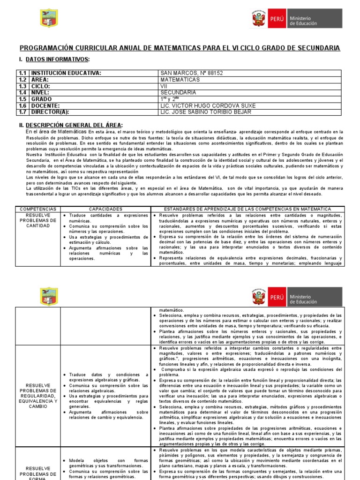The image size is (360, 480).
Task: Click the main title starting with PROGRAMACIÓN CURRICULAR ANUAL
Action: click(x=180, y=48)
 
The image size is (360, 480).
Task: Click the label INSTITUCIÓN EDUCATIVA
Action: click(x=66, y=73)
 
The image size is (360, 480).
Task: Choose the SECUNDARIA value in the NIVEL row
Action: click(x=178, y=93)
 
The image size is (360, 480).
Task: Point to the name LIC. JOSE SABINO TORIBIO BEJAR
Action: click(x=205, y=112)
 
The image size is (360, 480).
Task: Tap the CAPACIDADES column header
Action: click(x=105, y=209)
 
